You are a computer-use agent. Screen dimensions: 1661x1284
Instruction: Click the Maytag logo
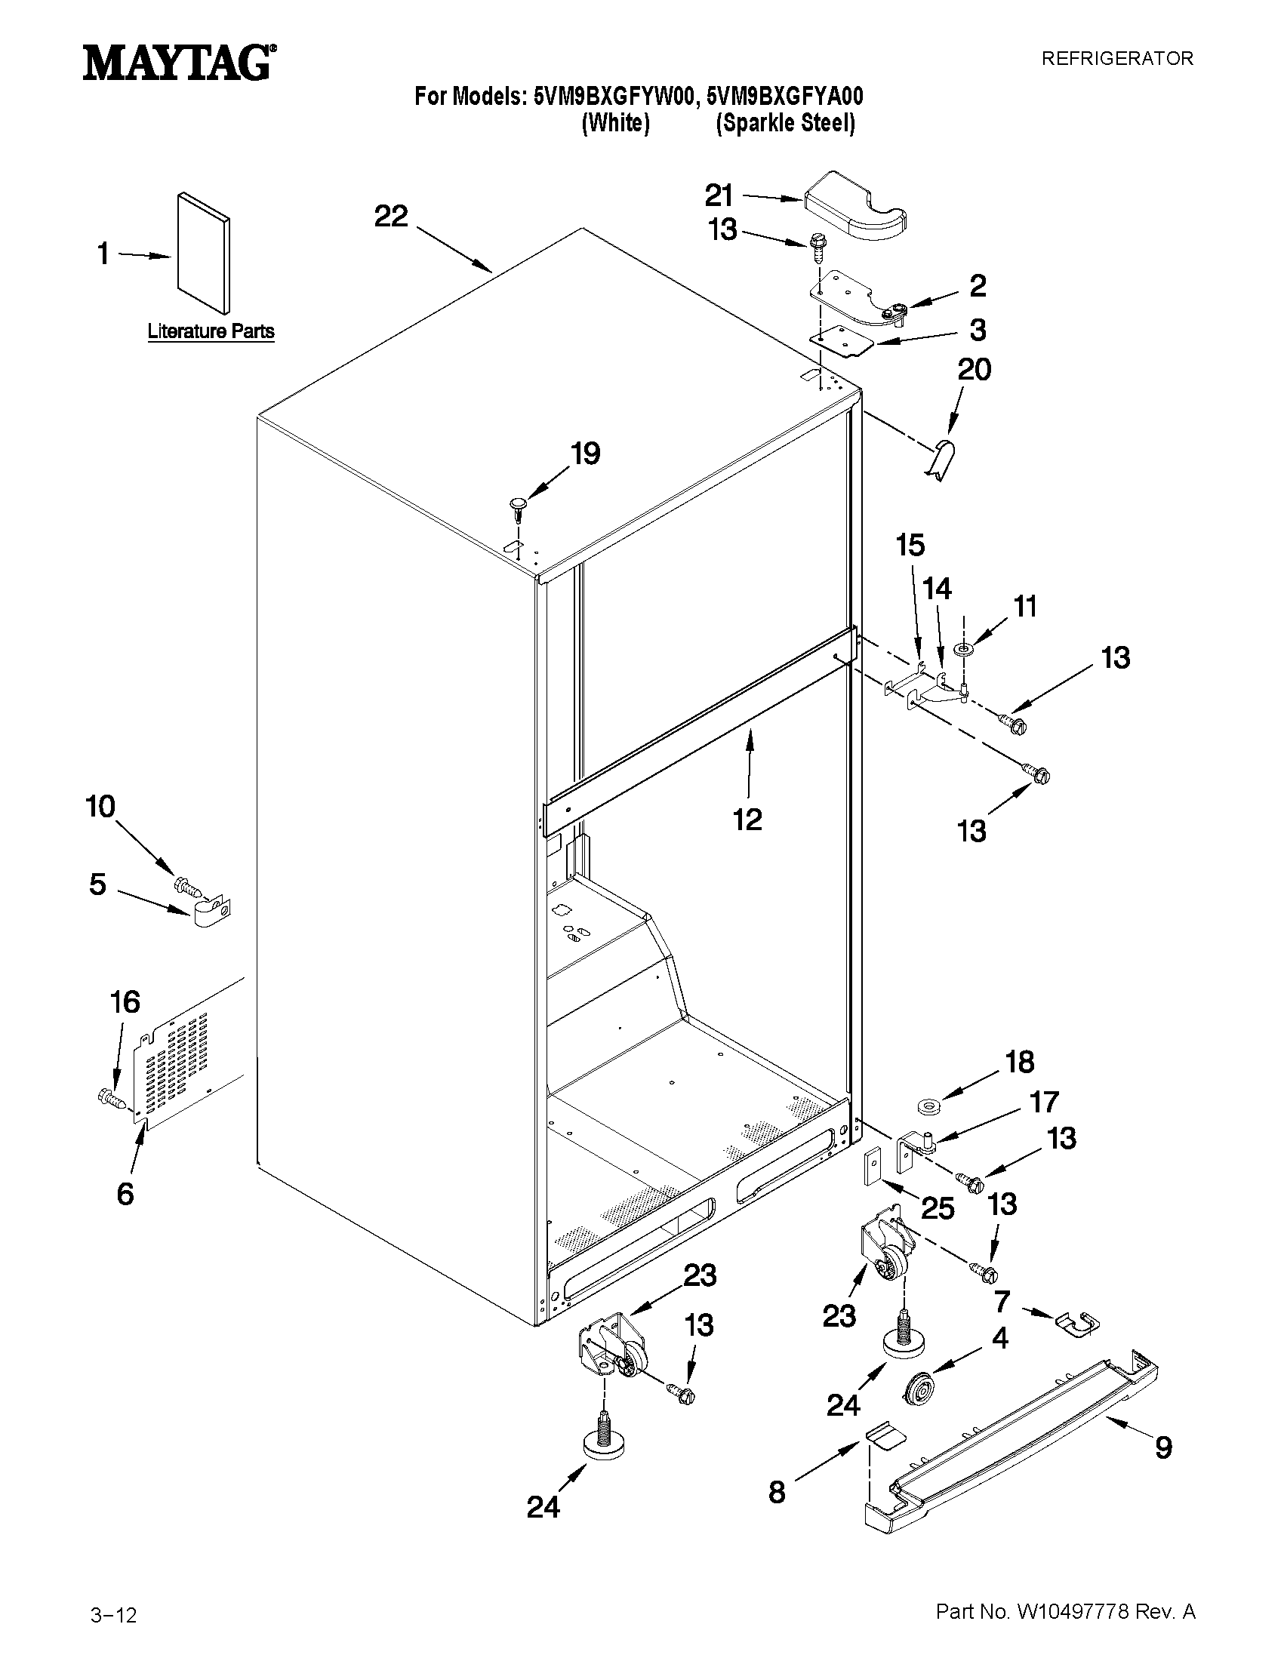coord(178,63)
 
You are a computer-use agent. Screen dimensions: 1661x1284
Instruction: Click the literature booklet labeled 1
coord(203,253)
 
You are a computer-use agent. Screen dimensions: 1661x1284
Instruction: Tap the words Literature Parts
coord(211,331)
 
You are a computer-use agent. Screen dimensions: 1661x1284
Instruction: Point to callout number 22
coord(391,217)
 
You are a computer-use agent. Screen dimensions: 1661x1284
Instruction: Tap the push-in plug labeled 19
coord(518,506)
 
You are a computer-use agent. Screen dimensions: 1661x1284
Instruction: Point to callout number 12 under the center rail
coord(747,820)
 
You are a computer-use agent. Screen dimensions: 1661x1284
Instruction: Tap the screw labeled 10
coord(187,885)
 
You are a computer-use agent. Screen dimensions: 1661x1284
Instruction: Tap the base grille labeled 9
coord(1011,1435)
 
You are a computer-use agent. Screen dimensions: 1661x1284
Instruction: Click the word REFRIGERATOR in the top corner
coord(1116,59)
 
